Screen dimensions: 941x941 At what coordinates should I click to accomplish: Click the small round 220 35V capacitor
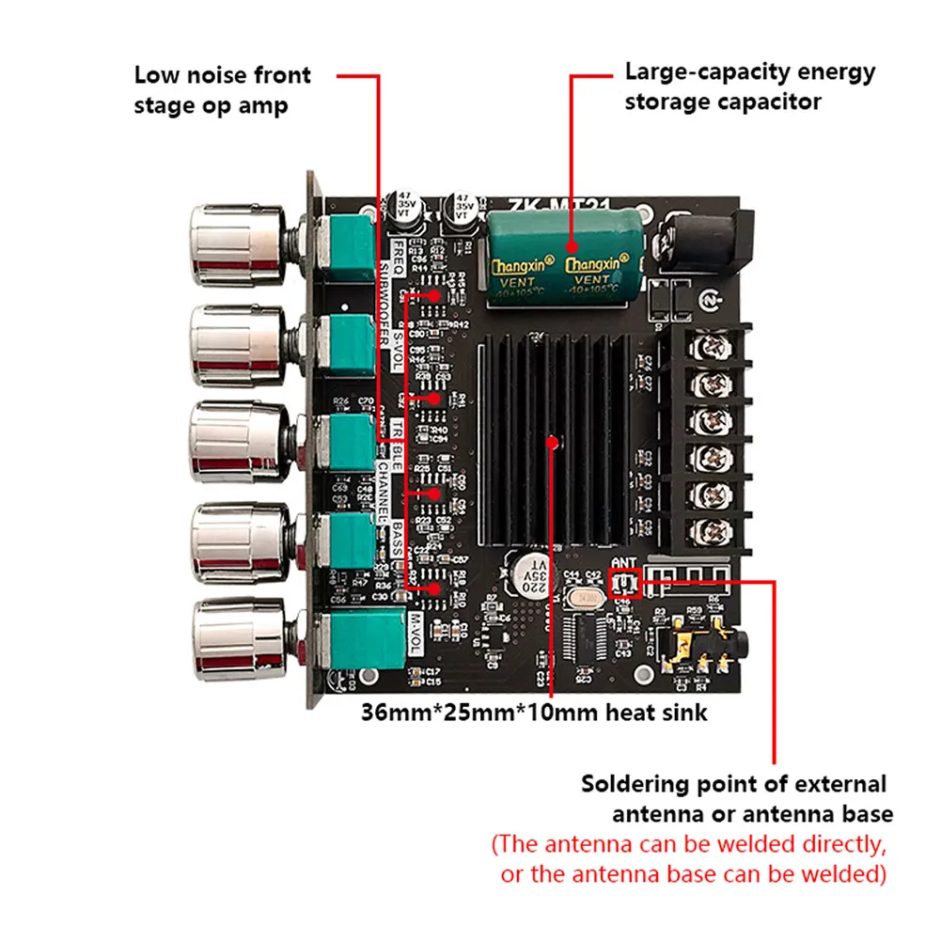[x=533, y=570]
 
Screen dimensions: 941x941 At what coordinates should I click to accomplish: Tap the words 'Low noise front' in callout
[x=222, y=75]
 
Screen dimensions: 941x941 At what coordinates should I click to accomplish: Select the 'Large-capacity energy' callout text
[x=749, y=72]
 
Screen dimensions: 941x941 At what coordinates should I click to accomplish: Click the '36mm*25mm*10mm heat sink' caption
[x=534, y=713]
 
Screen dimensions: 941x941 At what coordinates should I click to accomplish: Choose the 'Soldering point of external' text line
[x=733, y=783]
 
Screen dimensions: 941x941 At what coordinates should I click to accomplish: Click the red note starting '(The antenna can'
[x=689, y=843]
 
